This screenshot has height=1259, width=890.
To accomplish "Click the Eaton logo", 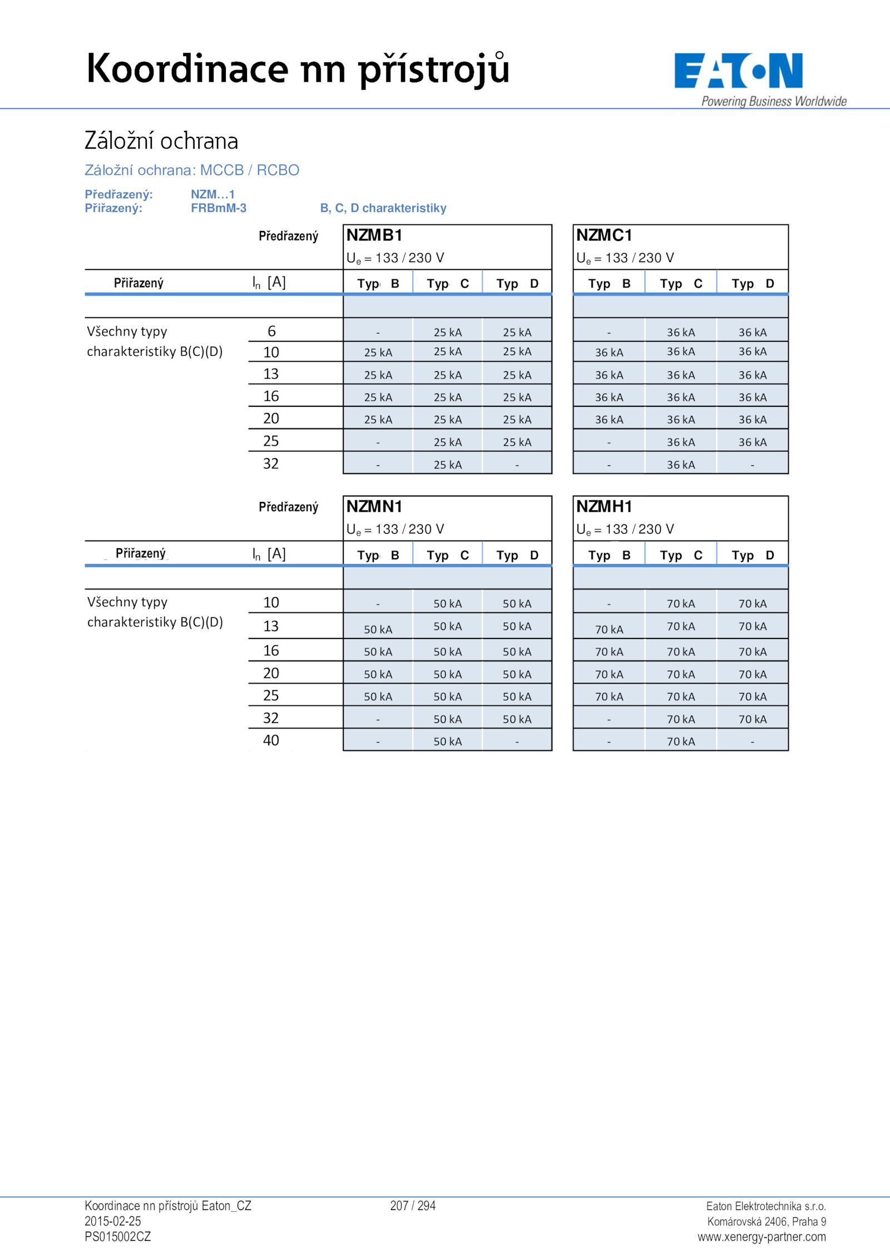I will click(738, 71).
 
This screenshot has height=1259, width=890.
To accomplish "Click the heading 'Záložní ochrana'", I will click(161, 141).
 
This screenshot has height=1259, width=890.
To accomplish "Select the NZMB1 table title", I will click(374, 235).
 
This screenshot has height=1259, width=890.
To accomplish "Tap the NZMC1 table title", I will click(604, 235).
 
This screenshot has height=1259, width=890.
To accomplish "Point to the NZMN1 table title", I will click(374, 506).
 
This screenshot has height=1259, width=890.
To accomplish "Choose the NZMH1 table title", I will click(604, 506).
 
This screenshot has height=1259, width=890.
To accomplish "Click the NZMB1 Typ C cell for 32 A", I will click(448, 465).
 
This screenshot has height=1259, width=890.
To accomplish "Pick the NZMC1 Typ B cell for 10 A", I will click(609, 352).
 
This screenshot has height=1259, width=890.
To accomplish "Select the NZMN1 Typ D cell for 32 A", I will click(517, 719).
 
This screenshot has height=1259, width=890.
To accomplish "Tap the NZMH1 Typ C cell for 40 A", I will click(681, 741).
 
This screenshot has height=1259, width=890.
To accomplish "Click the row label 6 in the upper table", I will click(271, 331).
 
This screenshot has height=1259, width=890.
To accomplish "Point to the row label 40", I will click(271, 740).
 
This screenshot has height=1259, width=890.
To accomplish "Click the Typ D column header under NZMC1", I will click(753, 284).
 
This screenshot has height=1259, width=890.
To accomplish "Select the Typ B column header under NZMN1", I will click(378, 555).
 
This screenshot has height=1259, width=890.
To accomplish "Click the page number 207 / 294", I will click(413, 1206).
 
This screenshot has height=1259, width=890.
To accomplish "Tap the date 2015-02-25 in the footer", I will click(113, 1221).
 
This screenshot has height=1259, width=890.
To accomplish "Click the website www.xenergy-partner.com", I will click(762, 1237).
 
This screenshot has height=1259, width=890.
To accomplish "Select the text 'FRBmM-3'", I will click(219, 208).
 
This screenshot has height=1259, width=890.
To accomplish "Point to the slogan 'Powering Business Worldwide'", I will click(774, 101).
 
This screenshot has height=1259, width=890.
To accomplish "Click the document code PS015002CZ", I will click(118, 1237).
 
